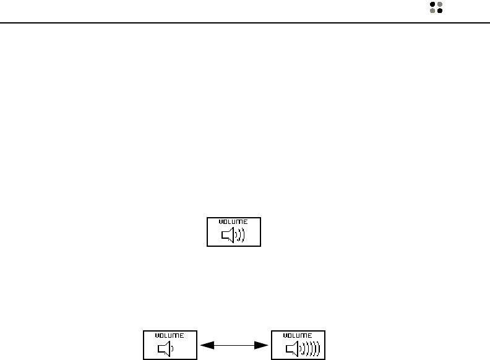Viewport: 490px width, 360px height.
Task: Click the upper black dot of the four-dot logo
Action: coord(432,4)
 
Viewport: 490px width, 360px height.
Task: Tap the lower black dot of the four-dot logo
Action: coord(440,11)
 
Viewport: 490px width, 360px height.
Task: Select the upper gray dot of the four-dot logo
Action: coord(440,4)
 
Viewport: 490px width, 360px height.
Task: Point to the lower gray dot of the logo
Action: coord(432,11)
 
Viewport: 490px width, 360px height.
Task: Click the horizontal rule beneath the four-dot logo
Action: coord(245,24)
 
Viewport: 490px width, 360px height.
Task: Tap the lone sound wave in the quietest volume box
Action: coord(173,349)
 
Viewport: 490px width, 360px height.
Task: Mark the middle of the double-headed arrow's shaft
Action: coord(235,345)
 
